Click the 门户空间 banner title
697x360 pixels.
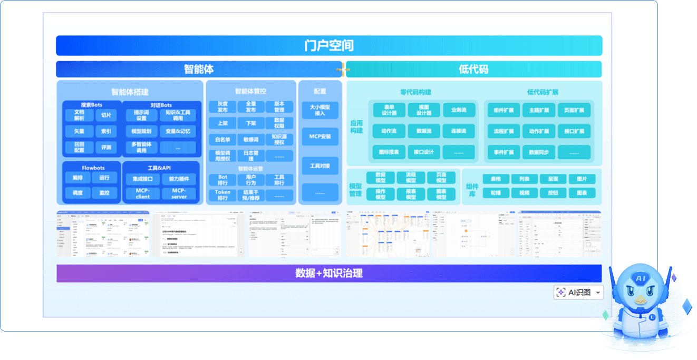(329, 45)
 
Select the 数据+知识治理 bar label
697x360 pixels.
(329, 273)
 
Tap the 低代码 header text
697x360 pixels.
(473, 69)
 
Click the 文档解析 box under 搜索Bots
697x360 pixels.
(79, 115)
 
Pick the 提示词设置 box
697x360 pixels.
(141, 115)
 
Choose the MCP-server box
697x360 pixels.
(179, 193)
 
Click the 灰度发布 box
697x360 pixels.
(222, 107)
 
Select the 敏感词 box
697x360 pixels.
(251, 139)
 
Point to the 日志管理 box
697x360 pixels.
(251, 155)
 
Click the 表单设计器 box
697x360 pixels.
(389, 110)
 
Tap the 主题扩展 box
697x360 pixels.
(538, 110)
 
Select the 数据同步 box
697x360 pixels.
(538, 152)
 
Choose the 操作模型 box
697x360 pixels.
(380, 193)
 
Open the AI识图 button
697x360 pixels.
(578, 293)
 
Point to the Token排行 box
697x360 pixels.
(222, 195)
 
